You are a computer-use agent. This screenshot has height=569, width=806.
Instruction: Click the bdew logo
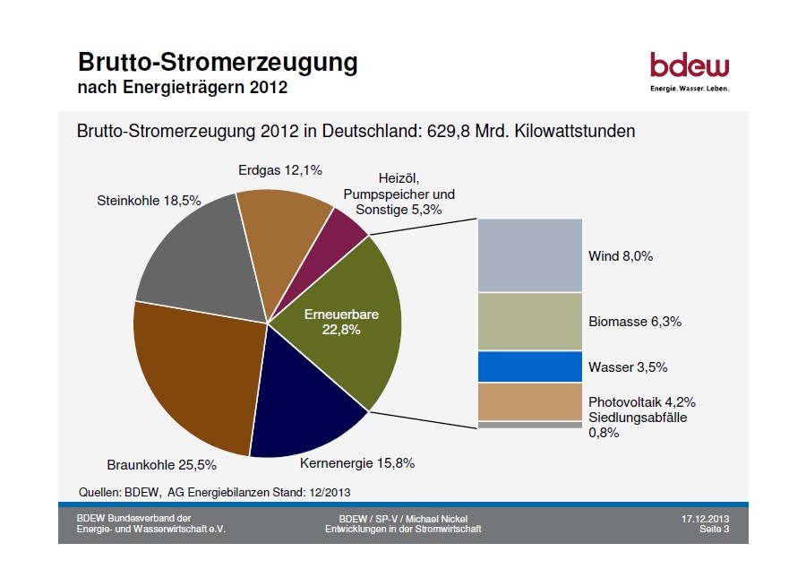click(689, 70)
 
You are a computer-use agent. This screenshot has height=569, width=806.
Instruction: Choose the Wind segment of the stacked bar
click(529, 254)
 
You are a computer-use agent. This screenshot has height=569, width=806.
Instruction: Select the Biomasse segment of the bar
click(529, 321)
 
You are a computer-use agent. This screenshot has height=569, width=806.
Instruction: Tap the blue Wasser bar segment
click(529, 366)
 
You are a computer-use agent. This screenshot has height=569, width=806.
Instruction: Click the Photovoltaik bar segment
click(529, 401)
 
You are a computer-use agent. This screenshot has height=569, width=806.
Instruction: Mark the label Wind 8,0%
click(621, 256)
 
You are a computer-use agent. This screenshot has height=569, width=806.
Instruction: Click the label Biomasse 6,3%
click(635, 322)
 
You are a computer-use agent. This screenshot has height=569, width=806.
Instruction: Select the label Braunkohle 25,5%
click(161, 465)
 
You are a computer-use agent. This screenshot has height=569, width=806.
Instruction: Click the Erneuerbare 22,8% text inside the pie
click(341, 322)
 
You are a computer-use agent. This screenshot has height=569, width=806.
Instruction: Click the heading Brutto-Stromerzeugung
click(218, 63)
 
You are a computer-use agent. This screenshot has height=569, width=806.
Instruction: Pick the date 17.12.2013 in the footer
click(705, 520)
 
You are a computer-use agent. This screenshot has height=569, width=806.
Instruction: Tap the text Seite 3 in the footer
click(714, 530)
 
